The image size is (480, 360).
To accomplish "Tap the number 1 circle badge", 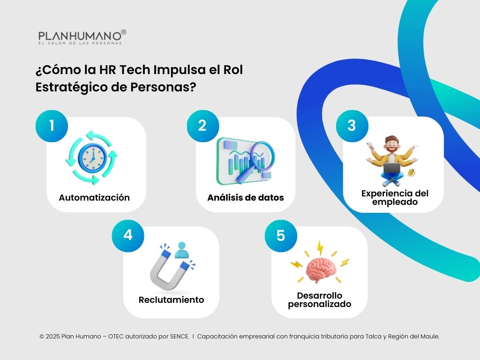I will point(52,126).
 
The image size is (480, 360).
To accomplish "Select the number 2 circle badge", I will point(202,126).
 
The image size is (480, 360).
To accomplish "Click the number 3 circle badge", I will point(352,125).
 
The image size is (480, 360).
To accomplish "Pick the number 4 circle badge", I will point(128,235).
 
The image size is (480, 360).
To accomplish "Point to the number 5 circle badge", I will point(280,235).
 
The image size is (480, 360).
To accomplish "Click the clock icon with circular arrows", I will point(91,157).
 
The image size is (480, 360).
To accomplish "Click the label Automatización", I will point(94,197).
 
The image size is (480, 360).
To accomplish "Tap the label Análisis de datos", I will point(246,197).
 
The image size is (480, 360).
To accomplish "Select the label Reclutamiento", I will point(171,300).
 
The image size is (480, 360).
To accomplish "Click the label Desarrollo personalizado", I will point(320,300).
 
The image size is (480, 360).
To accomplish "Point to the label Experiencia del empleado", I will point(395,198).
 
